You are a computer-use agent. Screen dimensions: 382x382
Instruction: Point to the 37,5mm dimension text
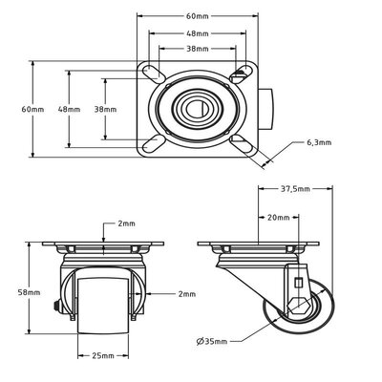pyautogui.click(x=297, y=189)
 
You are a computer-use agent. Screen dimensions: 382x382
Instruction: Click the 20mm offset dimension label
pyautogui.click(x=279, y=217)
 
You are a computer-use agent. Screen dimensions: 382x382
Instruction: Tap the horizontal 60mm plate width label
pyautogui.click(x=199, y=16)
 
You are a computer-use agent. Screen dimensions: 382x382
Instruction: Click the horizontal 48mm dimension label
pyautogui.click(x=199, y=32)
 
